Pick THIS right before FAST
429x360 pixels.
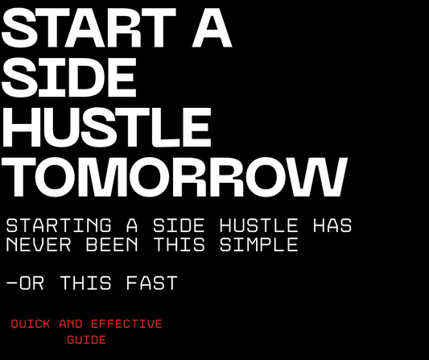click(89, 283)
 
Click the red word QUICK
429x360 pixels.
click(31, 325)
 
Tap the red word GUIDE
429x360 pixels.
click(86, 341)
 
